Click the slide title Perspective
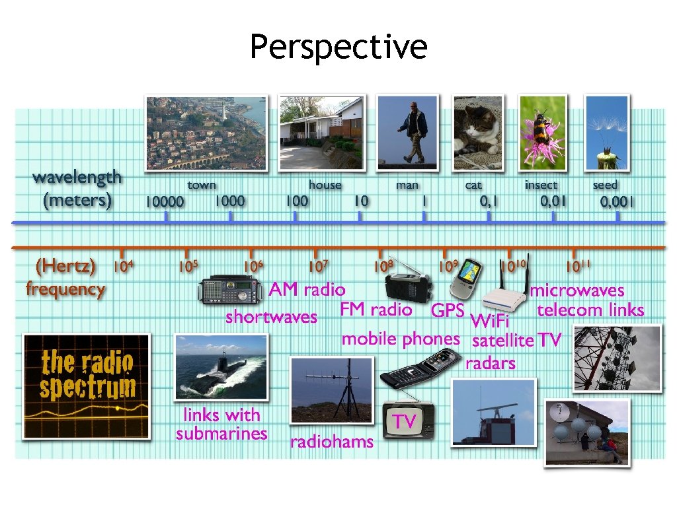pyautogui.click(x=338, y=48)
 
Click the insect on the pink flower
pyautogui.click(x=543, y=129)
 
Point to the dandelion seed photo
pyautogui.click(x=607, y=132)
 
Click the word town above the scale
pyautogui.click(x=202, y=186)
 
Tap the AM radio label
pyautogui.click(x=307, y=289)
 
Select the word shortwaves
pyautogui.click(x=271, y=317)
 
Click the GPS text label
pyautogui.click(x=447, y=310)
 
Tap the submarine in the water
pyautogui.click(x=221, y=370)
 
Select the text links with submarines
pyautogui.click(x=221, y=424)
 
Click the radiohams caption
pyautogui.click(x=331, y=442)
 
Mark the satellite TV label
pyautogui.click(x=516, y=341)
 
